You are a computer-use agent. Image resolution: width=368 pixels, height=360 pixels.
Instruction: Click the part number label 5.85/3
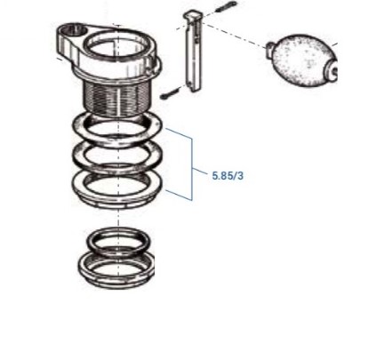228,176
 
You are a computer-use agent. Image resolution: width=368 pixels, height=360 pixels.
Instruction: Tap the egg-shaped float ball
303,60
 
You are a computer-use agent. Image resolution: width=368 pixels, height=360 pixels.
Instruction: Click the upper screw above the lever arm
226,7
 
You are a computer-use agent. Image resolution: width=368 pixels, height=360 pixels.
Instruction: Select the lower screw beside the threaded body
171,92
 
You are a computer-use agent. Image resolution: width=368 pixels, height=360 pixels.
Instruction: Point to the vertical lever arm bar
193,51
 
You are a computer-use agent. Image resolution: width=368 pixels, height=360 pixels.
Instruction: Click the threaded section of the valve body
116,98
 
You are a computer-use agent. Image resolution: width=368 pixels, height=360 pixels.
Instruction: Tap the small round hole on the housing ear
75,30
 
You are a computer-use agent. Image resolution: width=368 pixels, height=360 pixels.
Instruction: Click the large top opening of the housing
118,46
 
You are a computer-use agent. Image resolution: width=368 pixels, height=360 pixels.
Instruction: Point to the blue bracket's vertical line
192,169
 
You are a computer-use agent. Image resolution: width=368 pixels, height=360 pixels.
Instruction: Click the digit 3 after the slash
240,176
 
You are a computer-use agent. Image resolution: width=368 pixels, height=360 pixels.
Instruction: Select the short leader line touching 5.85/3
200,172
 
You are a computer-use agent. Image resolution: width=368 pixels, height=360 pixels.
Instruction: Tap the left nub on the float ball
269,48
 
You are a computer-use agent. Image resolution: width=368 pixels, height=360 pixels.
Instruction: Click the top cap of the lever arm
194,15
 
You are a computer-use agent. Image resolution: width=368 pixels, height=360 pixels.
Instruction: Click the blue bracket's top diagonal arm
179,133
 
